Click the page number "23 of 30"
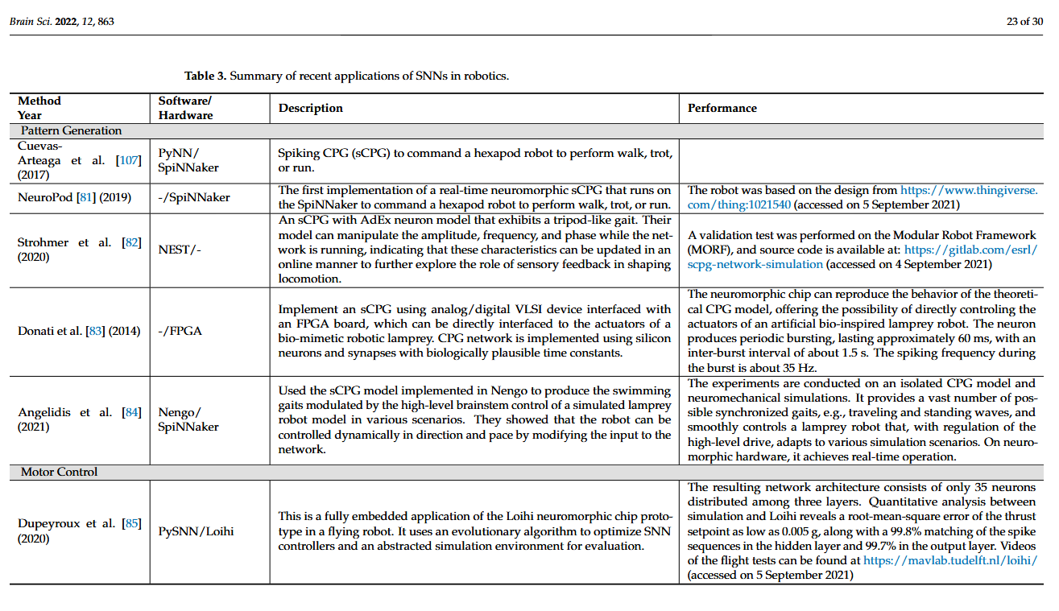1024,22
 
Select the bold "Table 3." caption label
206,76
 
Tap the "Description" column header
311,108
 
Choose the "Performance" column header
722,108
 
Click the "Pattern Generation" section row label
71,130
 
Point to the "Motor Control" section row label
60,472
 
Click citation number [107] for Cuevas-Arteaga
128,160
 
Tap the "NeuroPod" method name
45,197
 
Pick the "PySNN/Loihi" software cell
190,531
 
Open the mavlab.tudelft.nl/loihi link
949,560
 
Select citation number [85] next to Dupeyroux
131,523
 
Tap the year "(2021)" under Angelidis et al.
34,427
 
